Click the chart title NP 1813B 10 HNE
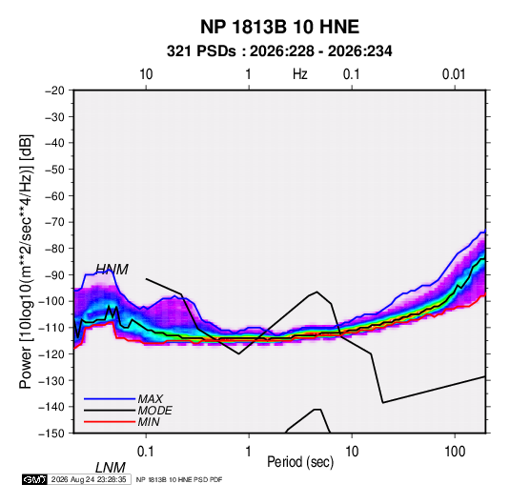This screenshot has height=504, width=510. coord(279,27)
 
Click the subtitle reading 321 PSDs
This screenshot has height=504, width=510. coord(201,51)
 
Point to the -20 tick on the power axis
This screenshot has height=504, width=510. coord(54,91)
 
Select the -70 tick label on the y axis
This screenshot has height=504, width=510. coord(54,222)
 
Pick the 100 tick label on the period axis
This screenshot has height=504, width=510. coord(455,452)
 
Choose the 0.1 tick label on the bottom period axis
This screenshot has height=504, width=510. coord(146,452)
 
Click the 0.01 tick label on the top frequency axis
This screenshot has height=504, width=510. coord(454,74)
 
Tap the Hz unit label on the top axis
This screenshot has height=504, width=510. coord(300,74)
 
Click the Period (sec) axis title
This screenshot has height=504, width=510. coord(300,462)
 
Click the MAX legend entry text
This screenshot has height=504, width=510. coord(151,398)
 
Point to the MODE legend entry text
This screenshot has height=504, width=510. coord(154,411)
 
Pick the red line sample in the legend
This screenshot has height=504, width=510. coord(110,422)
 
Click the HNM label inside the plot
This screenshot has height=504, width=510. coord(112,270)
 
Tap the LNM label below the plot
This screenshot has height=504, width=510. coord(111,468)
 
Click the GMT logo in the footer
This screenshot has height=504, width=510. coord(35,479)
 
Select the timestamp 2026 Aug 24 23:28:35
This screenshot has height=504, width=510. coord(89,479)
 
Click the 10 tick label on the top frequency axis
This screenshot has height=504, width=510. coord(146,74)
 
